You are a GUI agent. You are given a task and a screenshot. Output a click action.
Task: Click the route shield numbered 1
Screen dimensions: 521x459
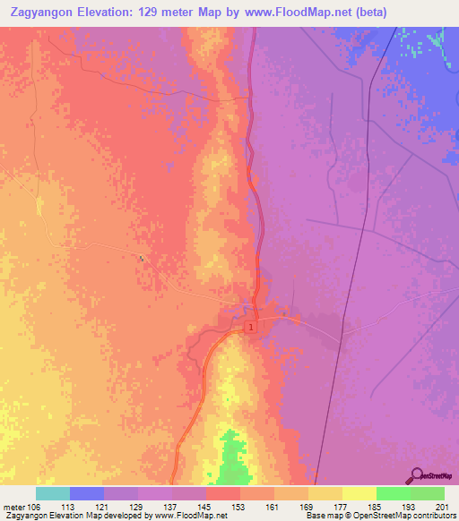(252, 329)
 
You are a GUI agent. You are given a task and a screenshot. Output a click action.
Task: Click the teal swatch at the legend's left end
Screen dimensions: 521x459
(53, 493)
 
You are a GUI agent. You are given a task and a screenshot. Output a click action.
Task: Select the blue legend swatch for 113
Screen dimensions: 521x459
(87, 493)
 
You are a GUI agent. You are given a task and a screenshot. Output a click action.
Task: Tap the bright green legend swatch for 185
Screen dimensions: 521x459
(394, 493)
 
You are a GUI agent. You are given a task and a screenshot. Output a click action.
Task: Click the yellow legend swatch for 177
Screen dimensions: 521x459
(325, 493)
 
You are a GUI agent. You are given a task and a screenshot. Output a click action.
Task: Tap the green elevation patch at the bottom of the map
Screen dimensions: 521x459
(233, 457)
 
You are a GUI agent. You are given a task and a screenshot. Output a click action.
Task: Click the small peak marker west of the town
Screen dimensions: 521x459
(142, 260)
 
